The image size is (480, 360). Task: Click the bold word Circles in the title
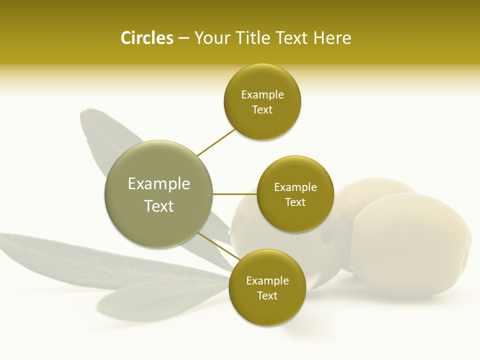click(146, 38)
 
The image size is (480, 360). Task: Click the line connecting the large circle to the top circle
click(216, 142)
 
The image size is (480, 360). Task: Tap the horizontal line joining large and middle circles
click(235, 194)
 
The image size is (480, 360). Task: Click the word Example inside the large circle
click(159, 184)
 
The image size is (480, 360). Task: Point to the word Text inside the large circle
click(159, 206)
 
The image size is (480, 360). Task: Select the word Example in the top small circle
click(262, 95)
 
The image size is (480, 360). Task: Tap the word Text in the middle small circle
click(295, 202)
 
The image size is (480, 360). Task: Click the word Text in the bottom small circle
click(267, 295)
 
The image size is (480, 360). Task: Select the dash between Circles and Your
click(183, 38)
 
